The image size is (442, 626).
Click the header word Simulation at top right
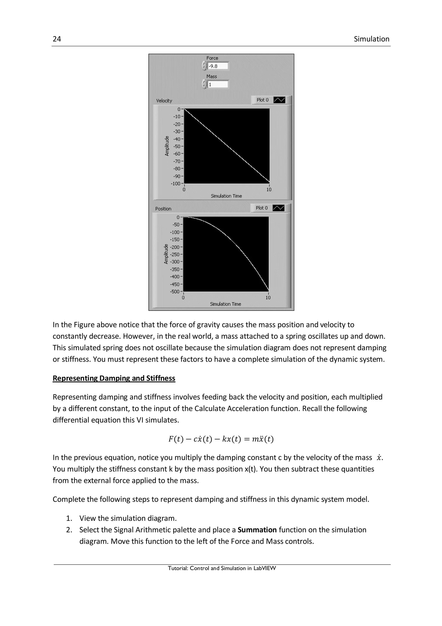point(371,39)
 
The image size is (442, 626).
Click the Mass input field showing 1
point(218,85)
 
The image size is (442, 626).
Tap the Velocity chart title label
point(164,101)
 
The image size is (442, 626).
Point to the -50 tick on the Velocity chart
point(177,146)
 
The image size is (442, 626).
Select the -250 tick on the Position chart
point(175,254)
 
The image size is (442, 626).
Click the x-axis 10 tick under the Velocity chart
point(269,190)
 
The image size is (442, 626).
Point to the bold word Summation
point(257,530)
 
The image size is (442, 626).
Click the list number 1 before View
point(69,518)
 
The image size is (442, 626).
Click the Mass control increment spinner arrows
point(204,84)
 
